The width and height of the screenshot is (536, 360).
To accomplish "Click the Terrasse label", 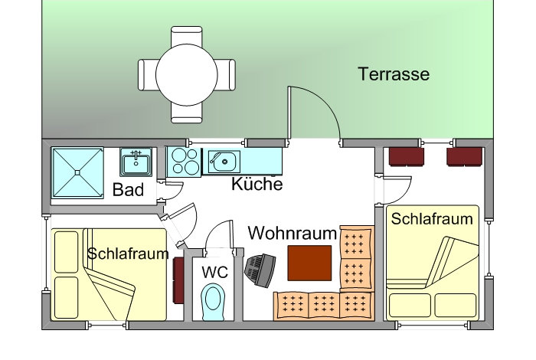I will [x=394, y=74].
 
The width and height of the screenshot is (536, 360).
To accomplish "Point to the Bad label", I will [x=128, y=190].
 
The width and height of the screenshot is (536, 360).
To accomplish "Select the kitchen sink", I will [x=224, y=160].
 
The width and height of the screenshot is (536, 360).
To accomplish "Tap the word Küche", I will [x=257, y=185].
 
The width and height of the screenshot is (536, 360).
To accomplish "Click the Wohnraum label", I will [x=293, y=232].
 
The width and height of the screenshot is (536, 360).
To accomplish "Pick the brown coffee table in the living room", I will [x=309, y=263].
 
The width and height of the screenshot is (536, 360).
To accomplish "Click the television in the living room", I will [x=260, y=270].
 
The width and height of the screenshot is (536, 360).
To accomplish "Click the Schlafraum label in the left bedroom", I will [x=128, y=254].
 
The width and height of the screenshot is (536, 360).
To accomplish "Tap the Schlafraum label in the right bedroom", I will [x=432, y=218].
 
